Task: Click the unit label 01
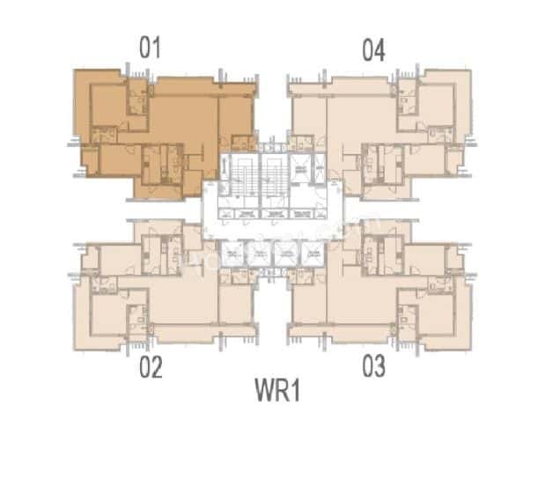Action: tap(151, 48)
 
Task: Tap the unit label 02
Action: tap(151, 366)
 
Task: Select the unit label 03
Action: tap(373, 366)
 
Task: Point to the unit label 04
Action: tap(373, 51)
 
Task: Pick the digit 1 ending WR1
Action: tap(295, 390)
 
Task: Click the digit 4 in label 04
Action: tap(380, 51)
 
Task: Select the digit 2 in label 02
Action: tap(158, 366)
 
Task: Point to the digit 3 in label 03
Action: tap(380, 366)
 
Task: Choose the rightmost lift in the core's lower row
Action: tap(312, 254)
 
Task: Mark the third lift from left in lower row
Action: tap(285, 254)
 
